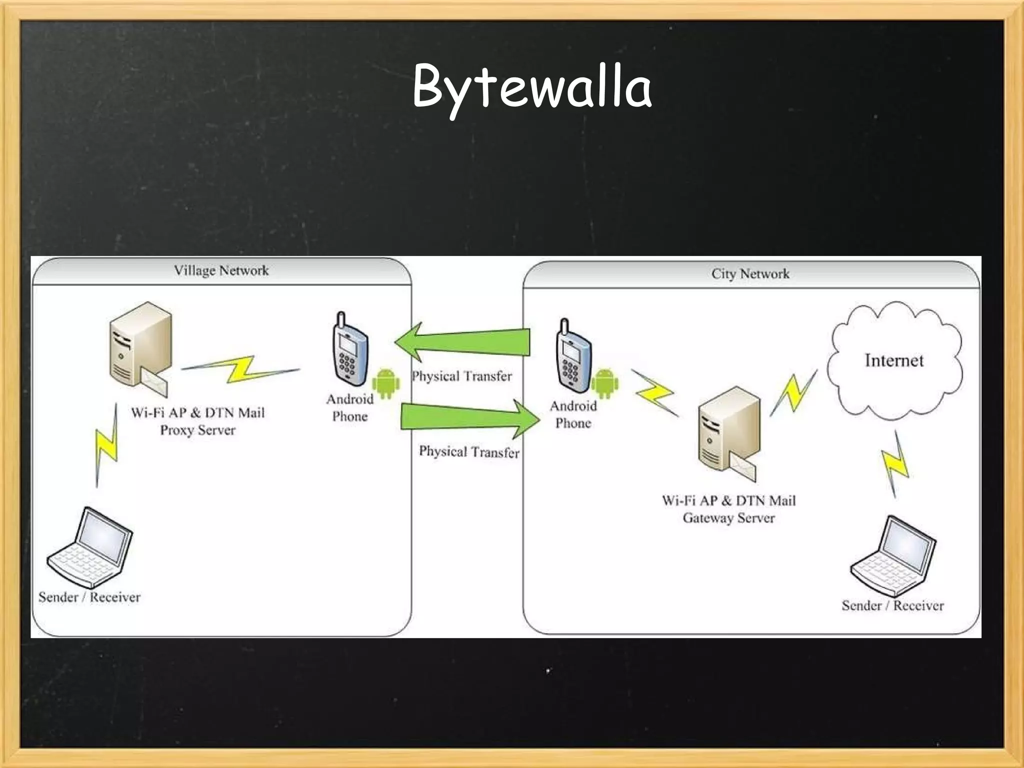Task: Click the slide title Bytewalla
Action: pos(531,88)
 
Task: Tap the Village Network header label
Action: pos(221,270)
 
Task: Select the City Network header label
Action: pos(750,273)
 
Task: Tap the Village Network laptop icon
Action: pos(90,547)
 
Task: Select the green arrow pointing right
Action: pos(470,417)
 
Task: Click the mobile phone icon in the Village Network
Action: pos(349,349)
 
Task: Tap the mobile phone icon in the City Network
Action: pos(573,355)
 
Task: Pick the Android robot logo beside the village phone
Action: pos(386,383)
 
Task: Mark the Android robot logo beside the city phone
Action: pos(604,383)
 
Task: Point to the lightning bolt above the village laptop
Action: pos(107,445)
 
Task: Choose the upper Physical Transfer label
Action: pos(461,376)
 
